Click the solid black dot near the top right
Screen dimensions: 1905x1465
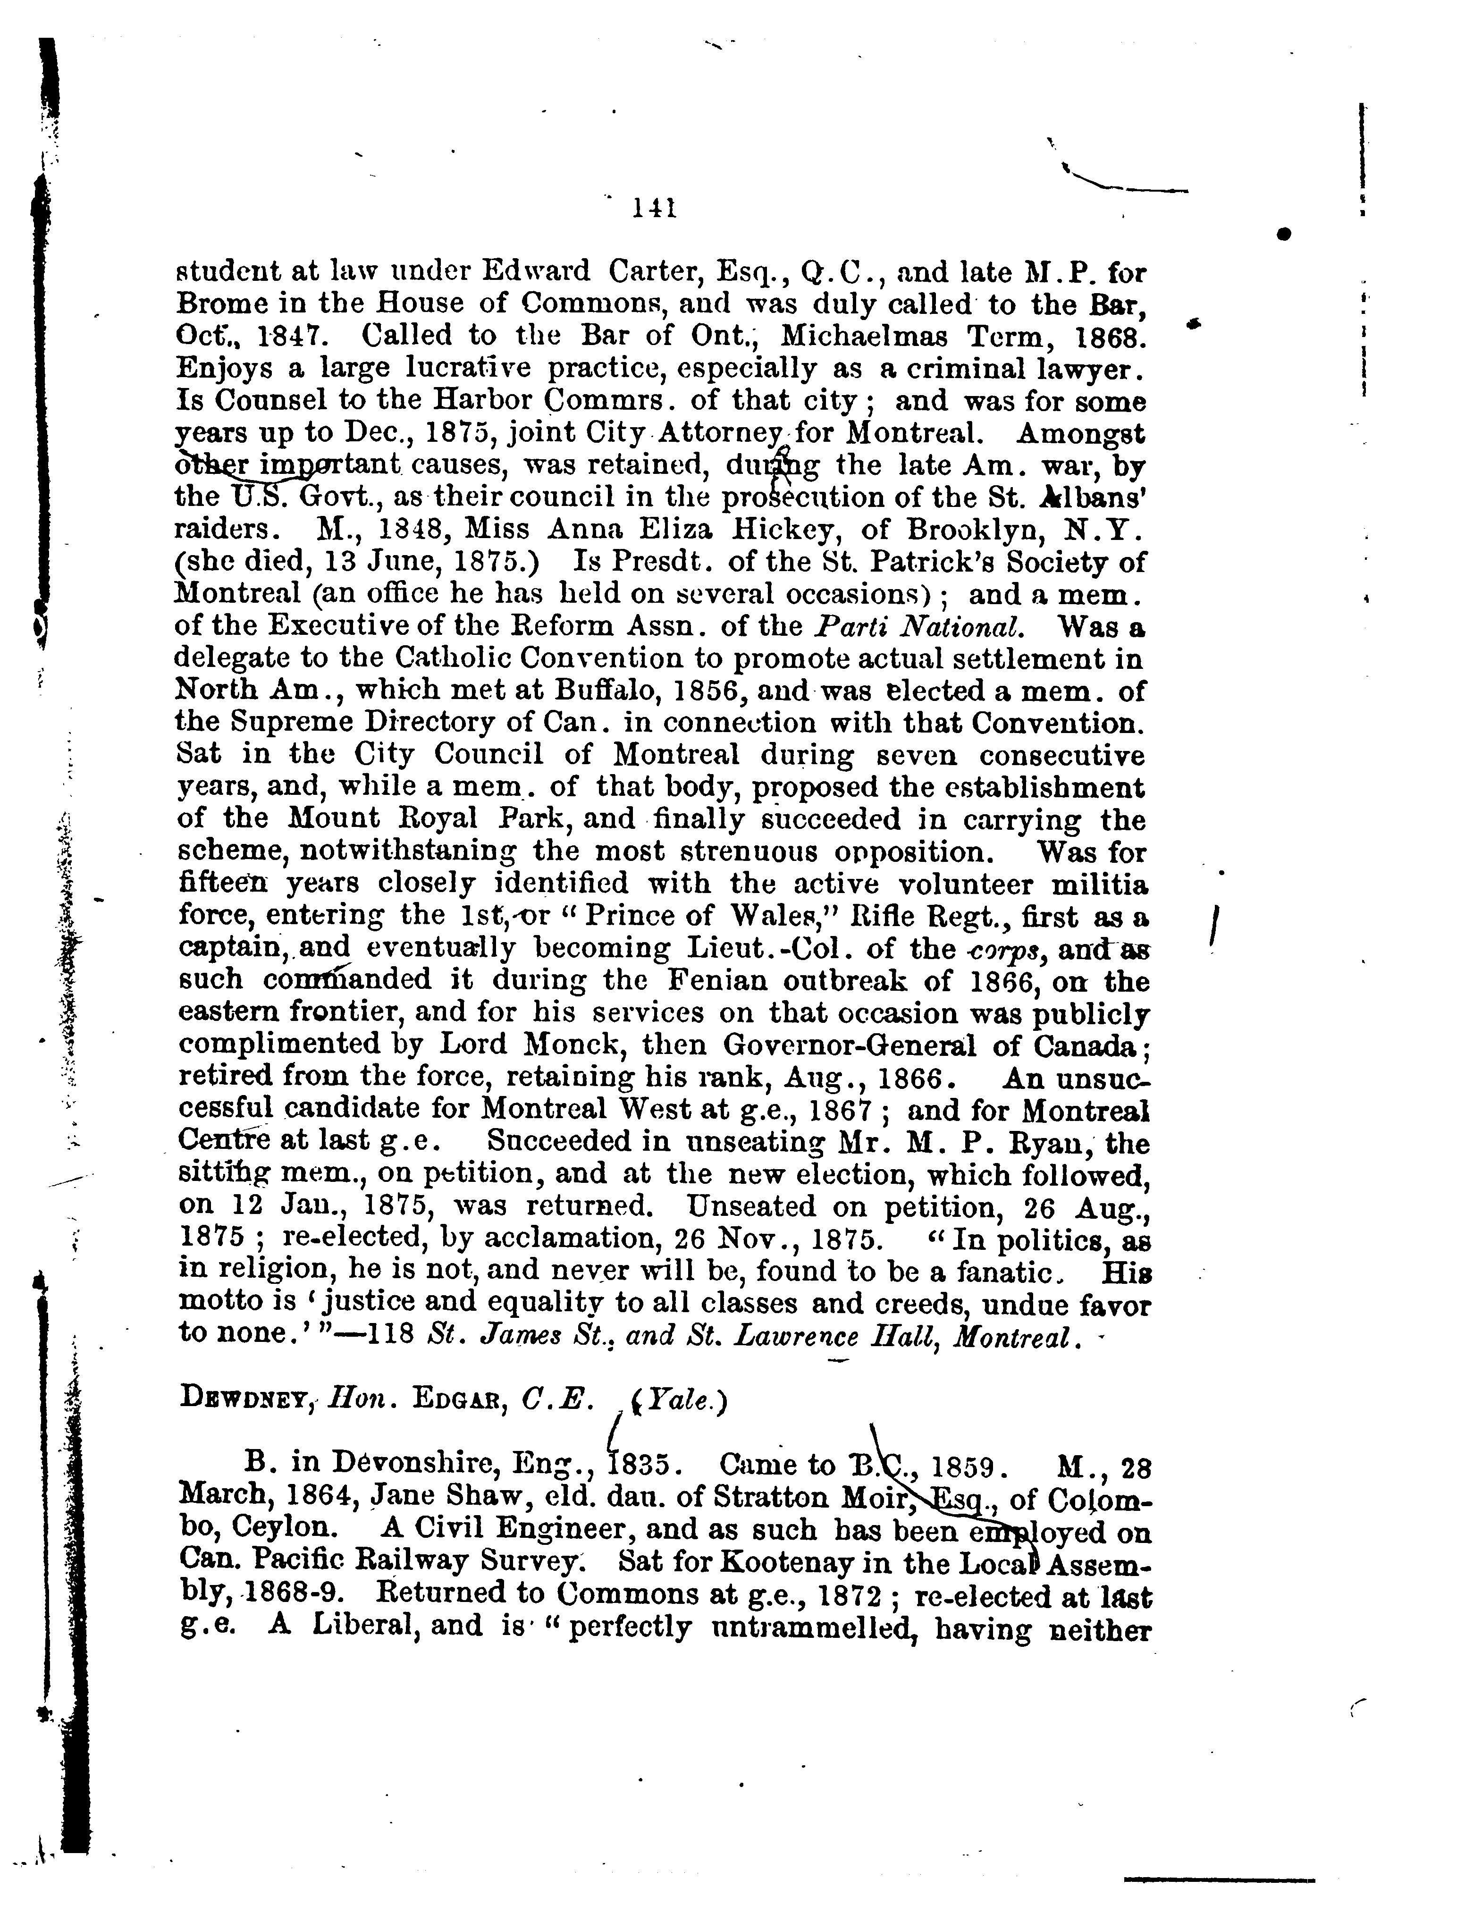tap(1284, 234)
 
